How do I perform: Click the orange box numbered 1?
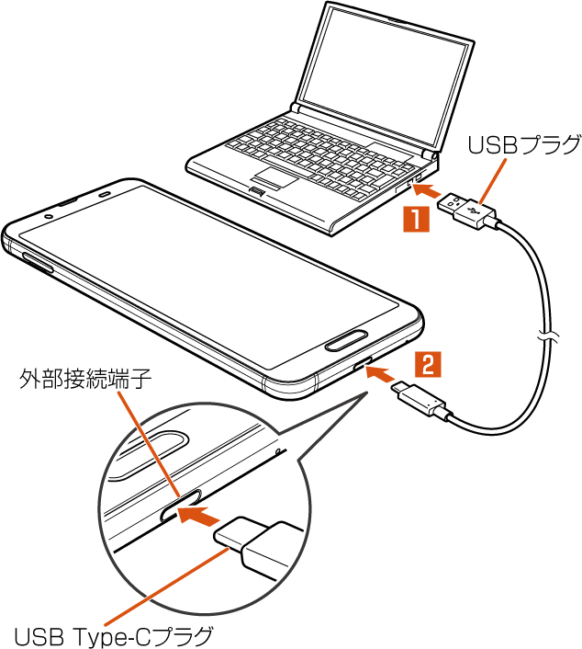click(416, 220)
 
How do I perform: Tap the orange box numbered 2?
click(427, 364)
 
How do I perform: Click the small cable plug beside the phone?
click(420, 401)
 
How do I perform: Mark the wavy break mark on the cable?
click(547, 336)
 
